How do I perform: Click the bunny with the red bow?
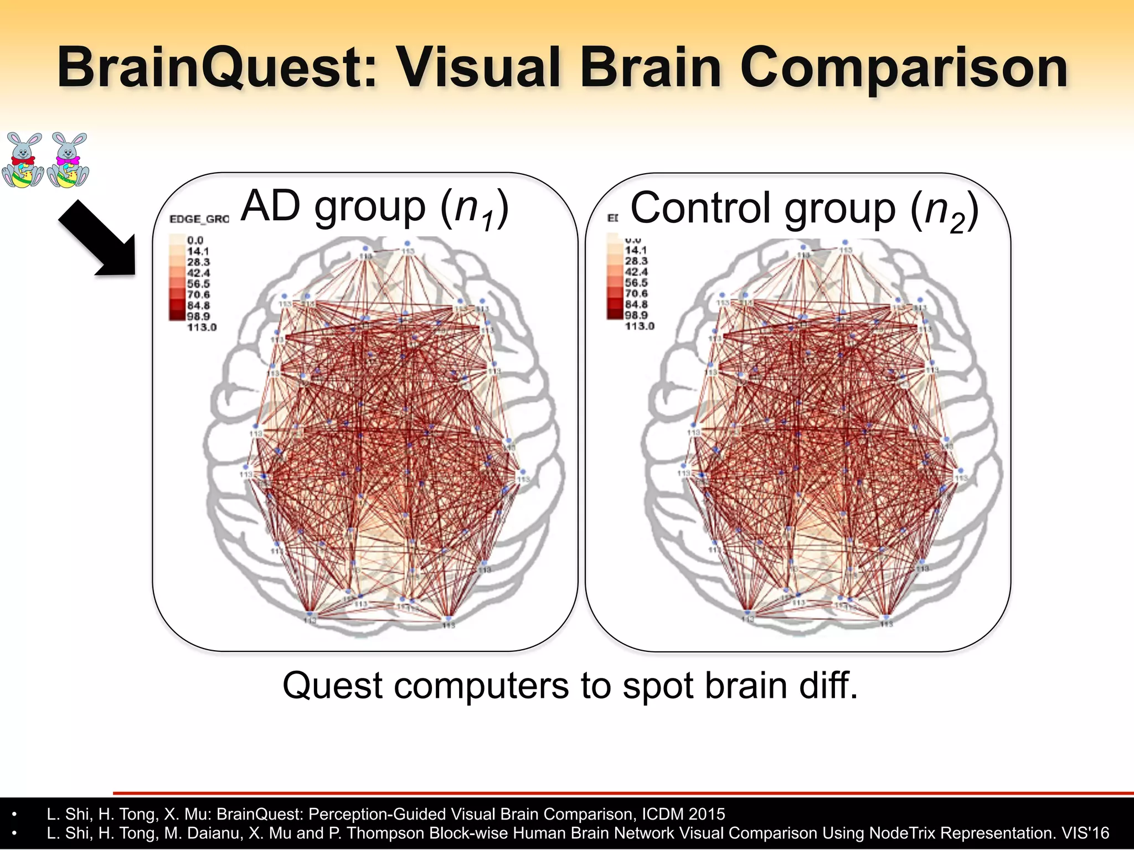tap(23, 160)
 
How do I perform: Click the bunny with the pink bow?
tap(68, 160)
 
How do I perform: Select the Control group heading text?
tap(804, 209)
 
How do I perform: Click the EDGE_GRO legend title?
tap(199, 219)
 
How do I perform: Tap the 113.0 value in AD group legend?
tap(202, 327)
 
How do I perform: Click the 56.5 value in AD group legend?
tap(198, 284)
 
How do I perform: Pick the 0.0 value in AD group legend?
tap(195, 240)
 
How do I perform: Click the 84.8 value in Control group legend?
tap(636, 304)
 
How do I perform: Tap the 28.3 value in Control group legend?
tap(636, 261)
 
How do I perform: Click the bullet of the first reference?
tap(15, 815)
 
